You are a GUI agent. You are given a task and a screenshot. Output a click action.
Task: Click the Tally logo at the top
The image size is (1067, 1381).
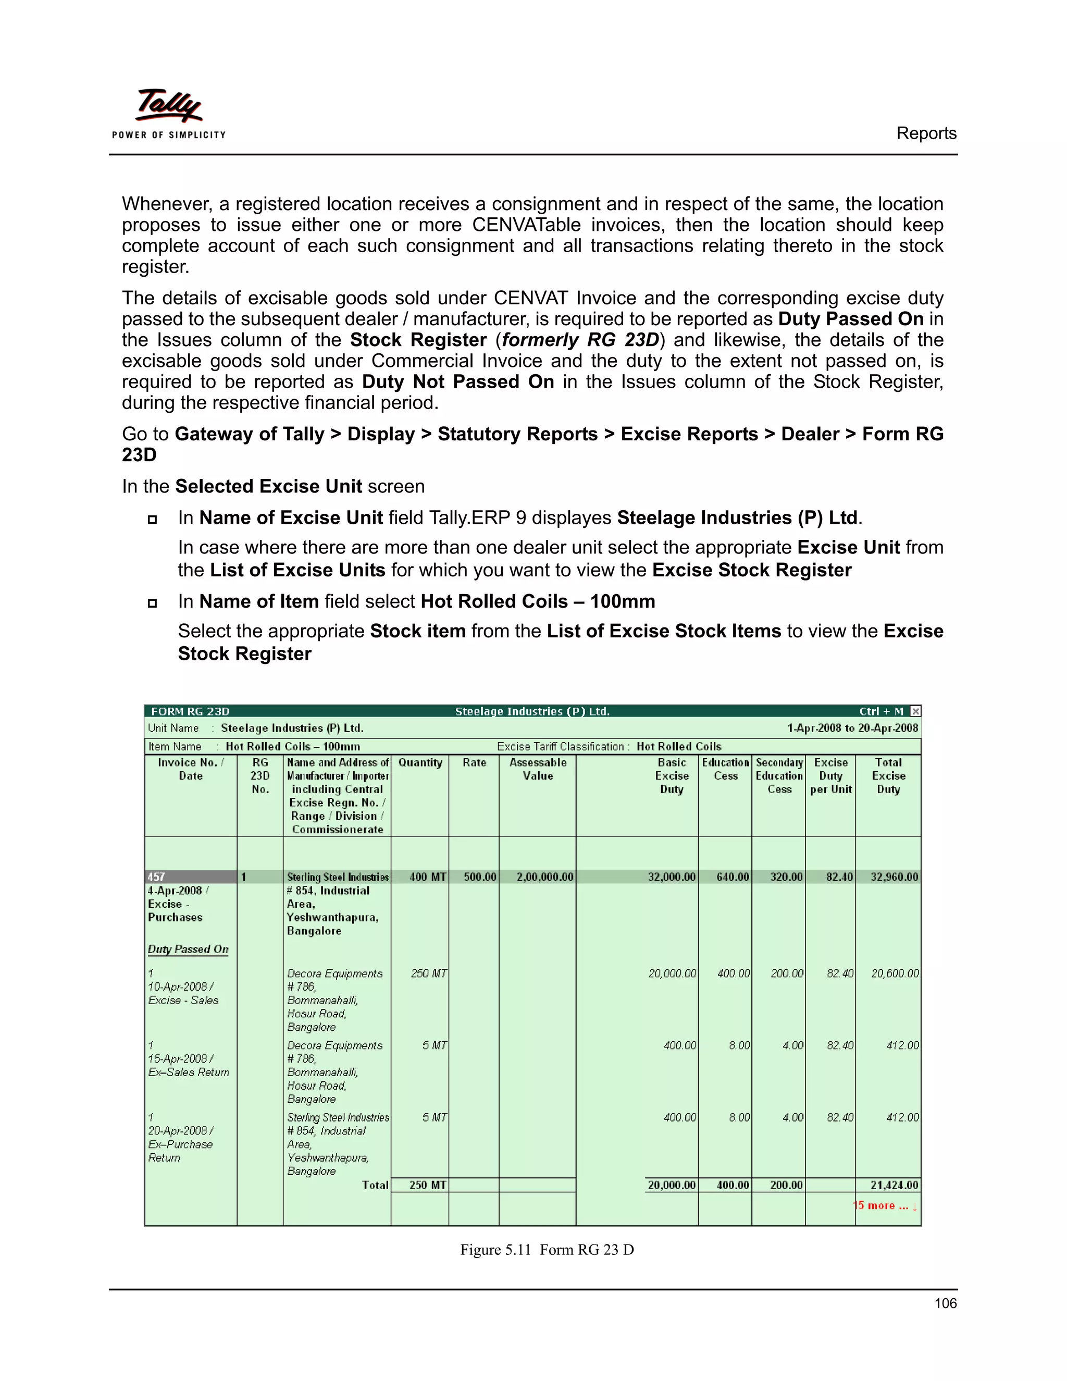169,113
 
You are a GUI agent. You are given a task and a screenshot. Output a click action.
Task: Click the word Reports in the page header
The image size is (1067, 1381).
926,133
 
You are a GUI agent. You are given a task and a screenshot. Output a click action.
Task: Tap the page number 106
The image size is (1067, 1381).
945,1303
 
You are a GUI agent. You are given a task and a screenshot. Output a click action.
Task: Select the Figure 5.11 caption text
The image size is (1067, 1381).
547,1250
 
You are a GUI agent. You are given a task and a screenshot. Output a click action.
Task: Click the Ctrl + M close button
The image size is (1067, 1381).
915,711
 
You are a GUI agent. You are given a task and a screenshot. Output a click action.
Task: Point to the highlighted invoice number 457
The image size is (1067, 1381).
156,877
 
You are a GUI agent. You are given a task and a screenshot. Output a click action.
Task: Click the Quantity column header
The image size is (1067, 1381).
420,762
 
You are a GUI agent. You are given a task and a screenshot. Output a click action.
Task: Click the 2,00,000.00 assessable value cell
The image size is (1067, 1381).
544,877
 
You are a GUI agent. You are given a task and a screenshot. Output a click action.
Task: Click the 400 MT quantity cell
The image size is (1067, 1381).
427,877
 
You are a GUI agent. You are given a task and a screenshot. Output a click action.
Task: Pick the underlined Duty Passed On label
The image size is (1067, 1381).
188,949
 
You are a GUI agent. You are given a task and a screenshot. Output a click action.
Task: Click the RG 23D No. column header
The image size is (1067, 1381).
260,776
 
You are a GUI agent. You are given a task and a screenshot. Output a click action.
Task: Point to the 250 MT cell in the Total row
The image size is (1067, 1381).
427,1185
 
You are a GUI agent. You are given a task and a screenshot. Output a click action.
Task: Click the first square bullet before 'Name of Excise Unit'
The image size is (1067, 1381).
152,519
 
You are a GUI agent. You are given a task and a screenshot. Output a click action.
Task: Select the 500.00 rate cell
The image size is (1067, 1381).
480,877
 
